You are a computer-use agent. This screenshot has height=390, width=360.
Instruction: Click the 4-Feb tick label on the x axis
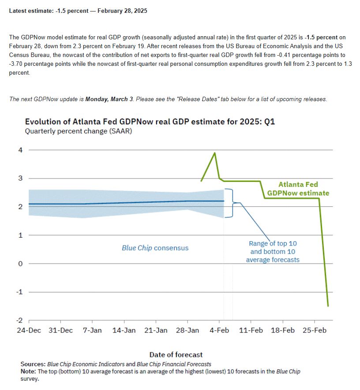[219, 330]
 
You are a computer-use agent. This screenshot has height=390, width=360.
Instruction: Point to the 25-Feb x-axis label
[315, 330]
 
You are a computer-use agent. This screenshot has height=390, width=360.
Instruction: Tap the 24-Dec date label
[29, 330]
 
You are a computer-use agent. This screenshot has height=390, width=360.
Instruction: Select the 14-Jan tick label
[124, 330]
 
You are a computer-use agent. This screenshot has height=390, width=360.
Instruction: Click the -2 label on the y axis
[19, 320]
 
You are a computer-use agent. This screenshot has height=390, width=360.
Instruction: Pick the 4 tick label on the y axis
[20, 150]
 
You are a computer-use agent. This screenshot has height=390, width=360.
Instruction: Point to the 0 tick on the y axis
[20, 264]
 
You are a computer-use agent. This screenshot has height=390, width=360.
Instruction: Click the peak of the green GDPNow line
[215, 153]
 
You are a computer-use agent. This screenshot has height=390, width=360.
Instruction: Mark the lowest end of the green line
[328, 306]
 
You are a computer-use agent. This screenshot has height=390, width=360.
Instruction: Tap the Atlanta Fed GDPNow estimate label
[298, 189]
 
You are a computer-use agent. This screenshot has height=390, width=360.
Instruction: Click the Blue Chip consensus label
[155, 248]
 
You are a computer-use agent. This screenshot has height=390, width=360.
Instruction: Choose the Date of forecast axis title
[176, 354]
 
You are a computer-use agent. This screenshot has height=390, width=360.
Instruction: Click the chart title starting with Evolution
[150, 121]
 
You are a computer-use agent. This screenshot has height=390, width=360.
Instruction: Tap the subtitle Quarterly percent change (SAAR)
[79, 131]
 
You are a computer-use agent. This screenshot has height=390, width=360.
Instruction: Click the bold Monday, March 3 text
[109, 99]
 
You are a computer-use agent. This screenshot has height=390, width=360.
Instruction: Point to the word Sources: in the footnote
[33, 364]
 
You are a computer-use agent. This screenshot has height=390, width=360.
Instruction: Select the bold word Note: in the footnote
[28, 371]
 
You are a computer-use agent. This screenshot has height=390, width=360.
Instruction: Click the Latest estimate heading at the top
[78, 11]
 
